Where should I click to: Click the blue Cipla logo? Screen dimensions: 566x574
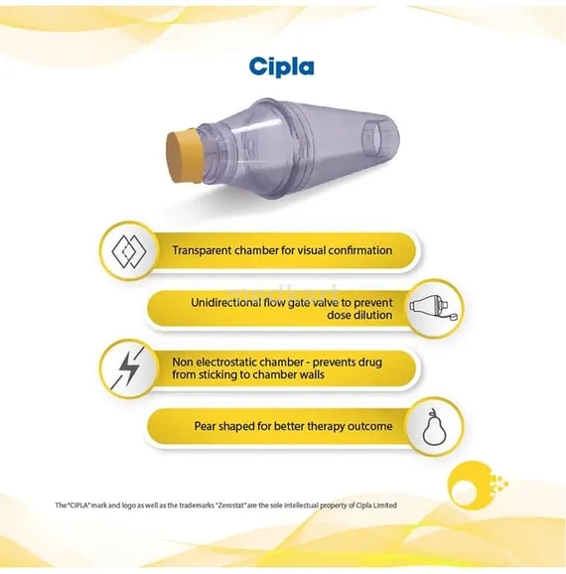pos(281,67)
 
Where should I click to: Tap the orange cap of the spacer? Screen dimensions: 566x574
pos(184,157)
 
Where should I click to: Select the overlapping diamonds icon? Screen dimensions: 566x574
pos(129,251)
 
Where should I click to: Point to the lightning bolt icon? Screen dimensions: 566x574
pos(128,367)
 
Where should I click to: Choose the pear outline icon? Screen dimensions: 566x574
pos(434,427)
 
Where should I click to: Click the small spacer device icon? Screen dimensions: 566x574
pos(434,308)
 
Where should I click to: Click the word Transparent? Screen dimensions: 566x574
pos(202,251)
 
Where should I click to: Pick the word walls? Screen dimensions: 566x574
pos(311,374)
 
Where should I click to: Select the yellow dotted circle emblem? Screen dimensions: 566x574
pos(476,485)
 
